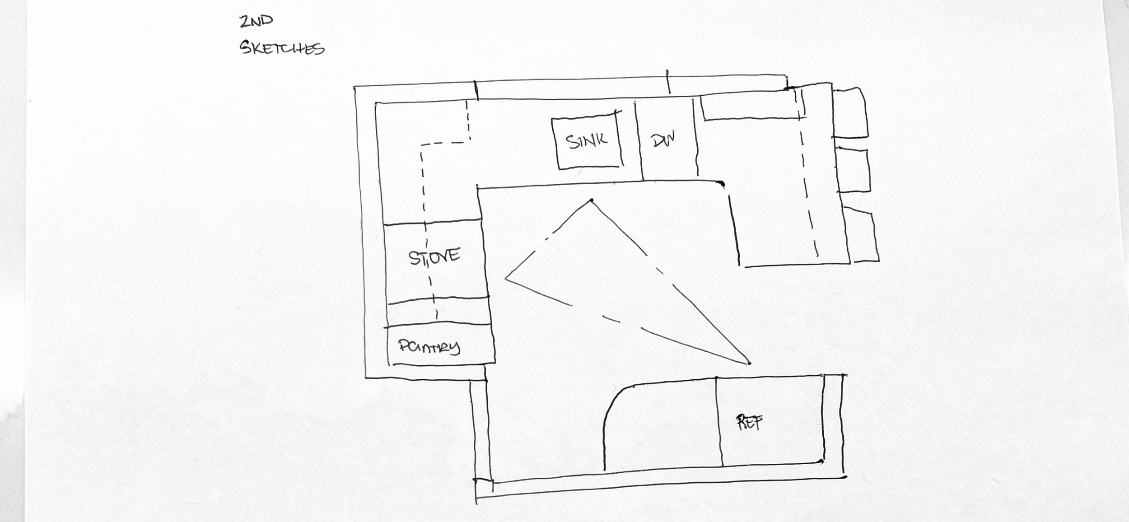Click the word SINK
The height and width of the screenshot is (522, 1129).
[x=587, y=141]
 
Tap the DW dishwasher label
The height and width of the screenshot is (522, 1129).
[x=663, y=140]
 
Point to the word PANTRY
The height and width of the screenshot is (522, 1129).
[x=429, y=347]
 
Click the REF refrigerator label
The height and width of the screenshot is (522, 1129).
[x=749, y=422]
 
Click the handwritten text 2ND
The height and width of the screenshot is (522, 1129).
[x=256, y=21]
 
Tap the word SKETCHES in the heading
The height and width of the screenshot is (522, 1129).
[x=282, y=47]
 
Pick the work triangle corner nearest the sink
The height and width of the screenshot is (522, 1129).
[x=592, y=200]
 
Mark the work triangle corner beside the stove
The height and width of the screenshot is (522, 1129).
[x=506, y=278]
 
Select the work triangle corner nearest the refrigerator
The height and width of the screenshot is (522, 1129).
[x=749, y=363]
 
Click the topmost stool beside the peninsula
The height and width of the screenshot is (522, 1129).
[x=850, y=113]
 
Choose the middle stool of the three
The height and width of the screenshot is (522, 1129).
[x=853, y=170]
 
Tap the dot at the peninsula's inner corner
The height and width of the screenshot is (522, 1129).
[x=721, y=183]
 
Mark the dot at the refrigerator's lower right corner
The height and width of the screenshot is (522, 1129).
[x=821, y=461]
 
